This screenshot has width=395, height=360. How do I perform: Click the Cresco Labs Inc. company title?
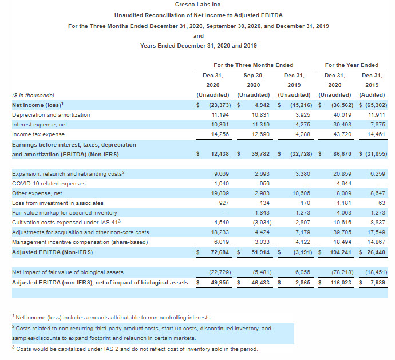tap(198, 5)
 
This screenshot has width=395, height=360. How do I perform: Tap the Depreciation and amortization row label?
tap(51, 114)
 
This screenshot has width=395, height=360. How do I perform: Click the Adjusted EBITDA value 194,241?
tap(336, 251)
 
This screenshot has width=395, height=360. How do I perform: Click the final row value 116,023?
tap(336, 282)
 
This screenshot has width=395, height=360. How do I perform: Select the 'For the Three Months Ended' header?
tap(253, 65)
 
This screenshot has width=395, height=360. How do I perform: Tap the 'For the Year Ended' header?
tap(351, 65)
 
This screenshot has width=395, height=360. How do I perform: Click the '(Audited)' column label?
tap(372, 95)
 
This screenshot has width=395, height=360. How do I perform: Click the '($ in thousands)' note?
tap(33, 95)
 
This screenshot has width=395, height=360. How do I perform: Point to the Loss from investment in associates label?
tap(58, 203)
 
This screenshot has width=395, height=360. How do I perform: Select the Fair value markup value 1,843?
tap(254, 212)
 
